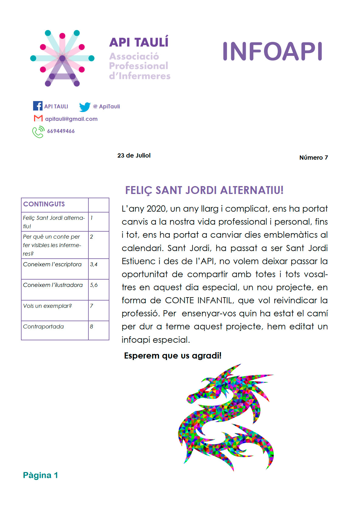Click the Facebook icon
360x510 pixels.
coord(38,106)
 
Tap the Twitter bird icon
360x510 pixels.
coord(85,107)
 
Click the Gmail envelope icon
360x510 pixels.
coord(38,118)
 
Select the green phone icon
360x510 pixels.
coord(38,132)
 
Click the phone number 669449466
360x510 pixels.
coord(61,131)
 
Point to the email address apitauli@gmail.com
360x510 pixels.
coord(71,119)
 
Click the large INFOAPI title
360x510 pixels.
coord(272,52)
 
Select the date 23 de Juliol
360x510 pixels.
coord(134,155)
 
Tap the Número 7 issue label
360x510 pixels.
coord(314,158)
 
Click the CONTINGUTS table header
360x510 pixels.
coord(44,204)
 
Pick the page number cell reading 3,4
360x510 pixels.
coord(94,264)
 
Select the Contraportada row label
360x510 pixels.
coord(43,327)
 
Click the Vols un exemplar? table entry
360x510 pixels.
coord(47,306)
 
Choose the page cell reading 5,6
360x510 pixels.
coord(94,285)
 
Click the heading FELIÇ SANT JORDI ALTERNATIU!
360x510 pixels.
coord(204,190)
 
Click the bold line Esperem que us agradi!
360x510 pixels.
coord(173,355)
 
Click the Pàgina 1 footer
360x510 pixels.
coord(40,475)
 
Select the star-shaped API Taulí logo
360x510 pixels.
coord(62,58)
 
